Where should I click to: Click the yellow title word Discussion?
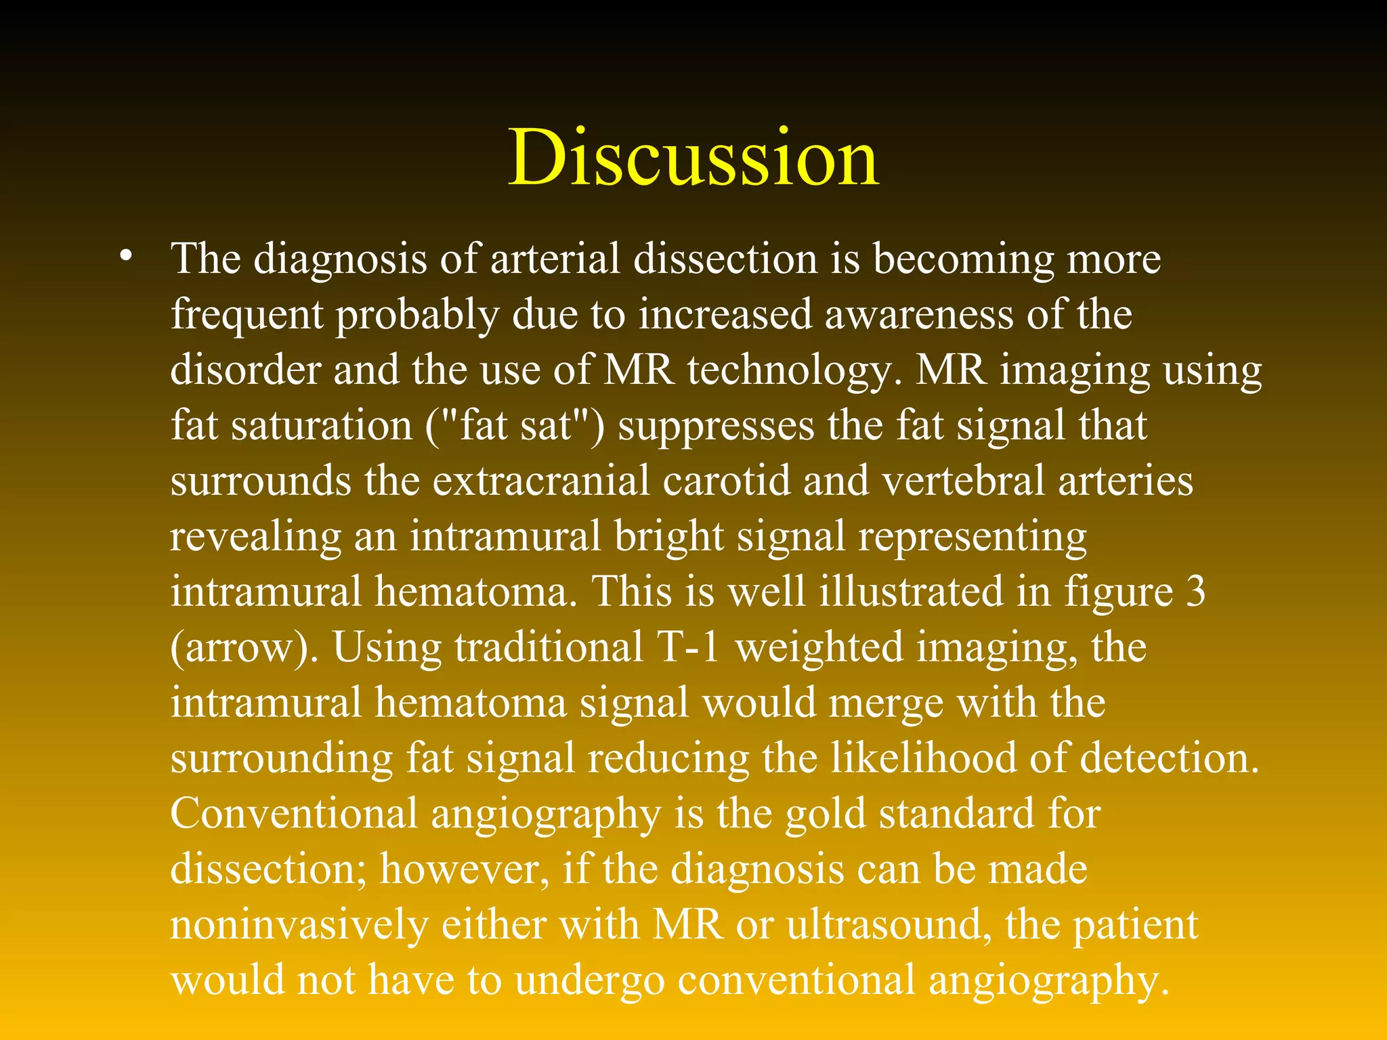[693, 157]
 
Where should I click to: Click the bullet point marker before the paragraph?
[125, 258]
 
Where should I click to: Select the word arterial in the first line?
[555, 259]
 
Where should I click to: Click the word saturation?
[321, 427]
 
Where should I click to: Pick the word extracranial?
[541, 481]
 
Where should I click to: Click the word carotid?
[727, 481]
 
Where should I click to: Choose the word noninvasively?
[299, 926]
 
